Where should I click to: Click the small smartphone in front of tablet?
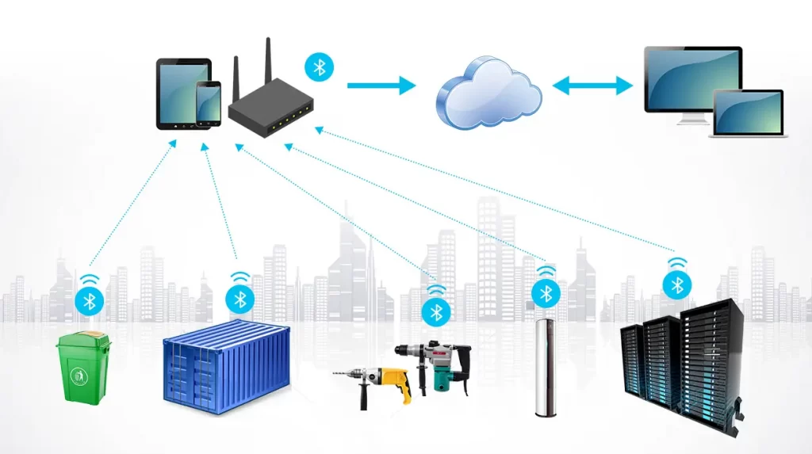(x=209, y=103)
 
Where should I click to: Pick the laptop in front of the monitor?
(x=748, y=114)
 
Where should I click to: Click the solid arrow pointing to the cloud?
(x=381, y=85)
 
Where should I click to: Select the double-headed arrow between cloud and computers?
(x=592, y=86)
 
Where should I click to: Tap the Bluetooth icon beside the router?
(x=320, y=67)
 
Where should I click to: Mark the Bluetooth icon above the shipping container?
(x=239, y=299)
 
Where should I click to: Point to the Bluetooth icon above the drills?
(x=435, y=311)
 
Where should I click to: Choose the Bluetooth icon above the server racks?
(x=676, y=284)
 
